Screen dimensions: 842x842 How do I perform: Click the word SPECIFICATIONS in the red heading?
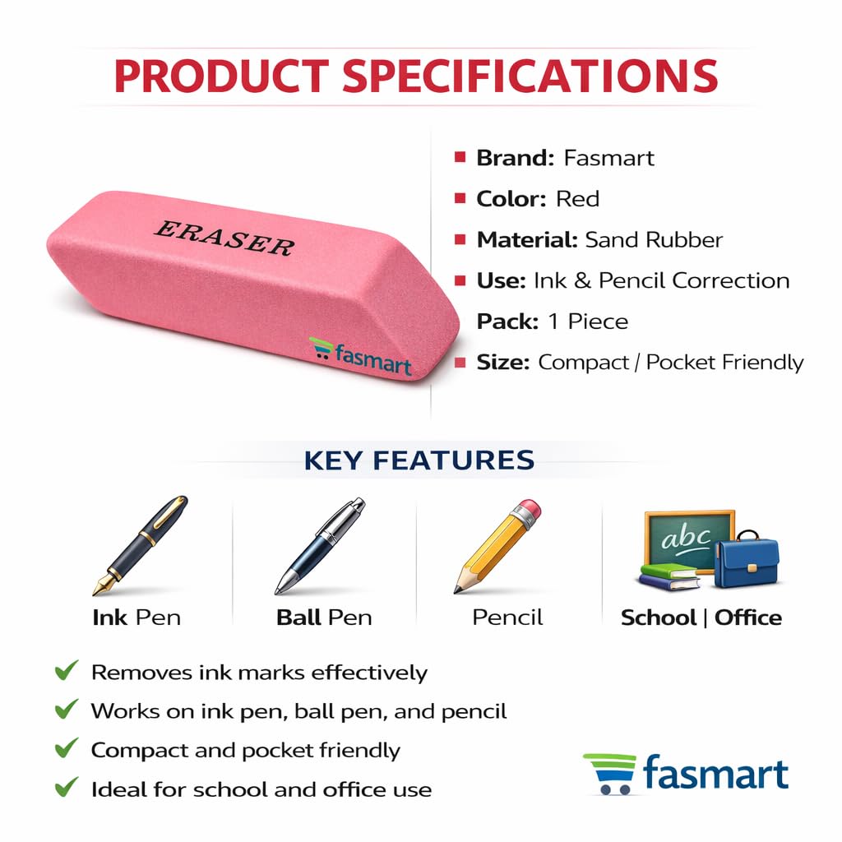coord(530,75)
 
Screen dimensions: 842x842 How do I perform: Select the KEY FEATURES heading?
coord(419,460)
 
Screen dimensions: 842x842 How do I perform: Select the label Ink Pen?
coord(136,618)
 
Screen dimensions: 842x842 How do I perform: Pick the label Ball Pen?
coord(324,618)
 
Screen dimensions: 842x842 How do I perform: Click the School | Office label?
coord(701,618)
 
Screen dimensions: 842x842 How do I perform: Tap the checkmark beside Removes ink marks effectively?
coord(66,671)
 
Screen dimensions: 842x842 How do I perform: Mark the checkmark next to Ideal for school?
coord(66,789)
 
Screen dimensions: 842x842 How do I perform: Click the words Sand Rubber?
coord(654,240)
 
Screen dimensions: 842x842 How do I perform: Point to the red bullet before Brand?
coord(460,157)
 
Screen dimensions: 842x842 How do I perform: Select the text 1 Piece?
coord(588,322)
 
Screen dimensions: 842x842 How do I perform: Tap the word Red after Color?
coord(577,199)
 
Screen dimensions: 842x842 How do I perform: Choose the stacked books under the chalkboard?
coord(669,576)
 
